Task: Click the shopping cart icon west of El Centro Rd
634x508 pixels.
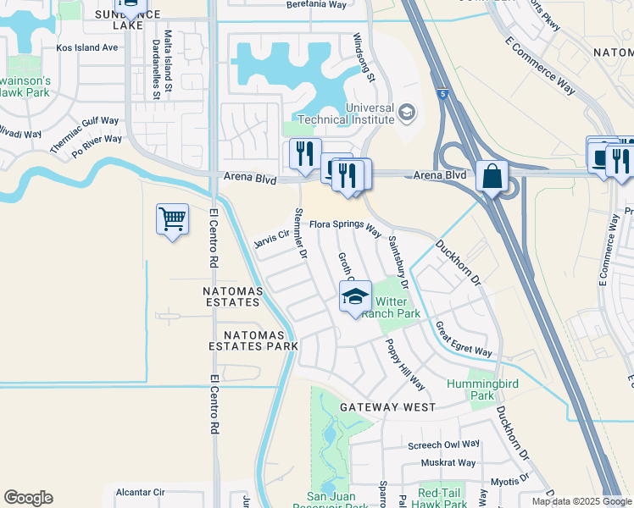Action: pos(173,220)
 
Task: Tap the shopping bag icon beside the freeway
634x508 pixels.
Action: pos(492,178)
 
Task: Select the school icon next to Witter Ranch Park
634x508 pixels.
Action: pos(356,297)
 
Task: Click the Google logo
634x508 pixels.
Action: pos(28,498)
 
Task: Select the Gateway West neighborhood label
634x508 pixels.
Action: pos(387,407)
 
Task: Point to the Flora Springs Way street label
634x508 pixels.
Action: pos(345,225)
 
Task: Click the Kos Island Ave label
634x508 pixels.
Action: pos(87,48)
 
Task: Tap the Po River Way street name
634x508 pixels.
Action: pos(96,147)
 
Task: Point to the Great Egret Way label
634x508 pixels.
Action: pos(464,339)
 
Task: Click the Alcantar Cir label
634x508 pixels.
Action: pos(140,491)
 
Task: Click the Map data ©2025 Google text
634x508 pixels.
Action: pos(581,501)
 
